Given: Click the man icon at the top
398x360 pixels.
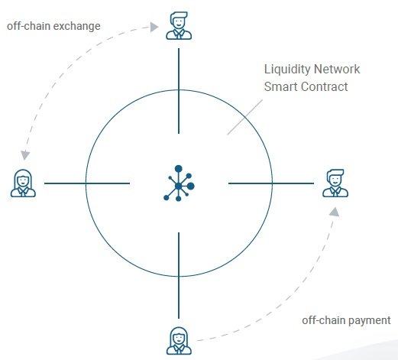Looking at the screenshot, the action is (179, 26).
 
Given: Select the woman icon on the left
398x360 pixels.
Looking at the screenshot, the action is (23, 183).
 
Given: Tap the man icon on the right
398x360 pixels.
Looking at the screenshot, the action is (335, 183).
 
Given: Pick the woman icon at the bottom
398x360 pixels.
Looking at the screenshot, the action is (179, 341).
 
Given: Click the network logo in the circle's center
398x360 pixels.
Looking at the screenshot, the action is (179, 183).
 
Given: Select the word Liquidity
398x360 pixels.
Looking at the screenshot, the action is (287, 70).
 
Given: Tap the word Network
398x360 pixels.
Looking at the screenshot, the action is (337, 69).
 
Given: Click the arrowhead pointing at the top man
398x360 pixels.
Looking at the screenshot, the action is (154, 27).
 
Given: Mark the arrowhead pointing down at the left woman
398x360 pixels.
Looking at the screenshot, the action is (25, 155).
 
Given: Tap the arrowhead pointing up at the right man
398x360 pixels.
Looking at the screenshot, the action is (335, 212).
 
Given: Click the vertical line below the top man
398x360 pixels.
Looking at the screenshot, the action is (179, 91).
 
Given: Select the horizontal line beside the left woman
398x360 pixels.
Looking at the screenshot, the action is (87, 183).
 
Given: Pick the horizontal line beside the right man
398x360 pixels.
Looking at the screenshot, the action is (271, 183).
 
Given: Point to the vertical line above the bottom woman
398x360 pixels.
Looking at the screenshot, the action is (179, 275).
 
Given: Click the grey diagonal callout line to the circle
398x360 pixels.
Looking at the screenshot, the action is (245, 117).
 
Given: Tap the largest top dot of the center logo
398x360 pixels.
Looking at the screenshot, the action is (179, 169).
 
